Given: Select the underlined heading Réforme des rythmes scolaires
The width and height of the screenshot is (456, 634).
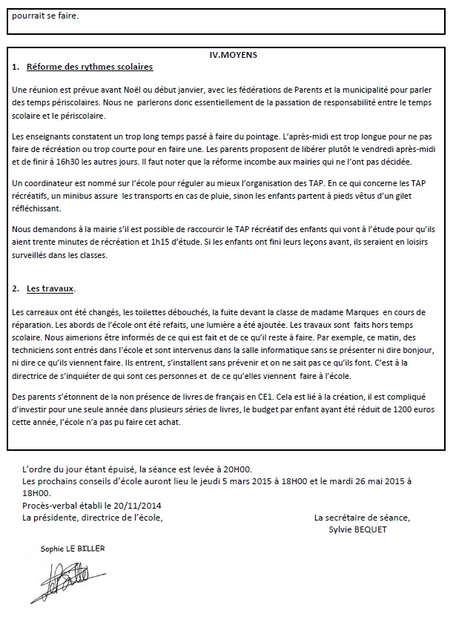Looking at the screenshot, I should click(x=89, y=67).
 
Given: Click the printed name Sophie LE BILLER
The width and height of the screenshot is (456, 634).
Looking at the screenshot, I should click(x=73, y=548).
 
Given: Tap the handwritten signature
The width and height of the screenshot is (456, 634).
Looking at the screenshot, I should click(x=62, y=581).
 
